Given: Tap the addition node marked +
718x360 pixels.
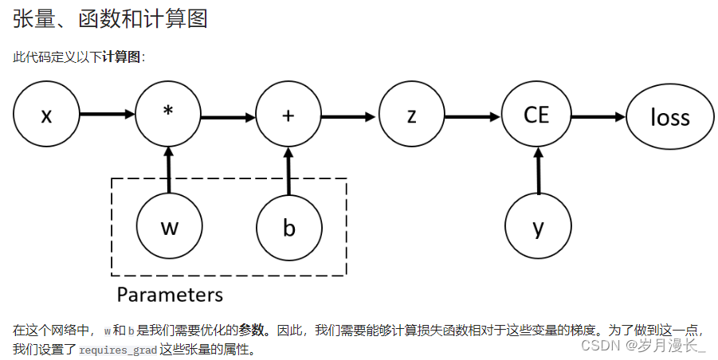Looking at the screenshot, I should coord(288,115).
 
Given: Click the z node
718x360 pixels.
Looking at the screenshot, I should coord(411,115).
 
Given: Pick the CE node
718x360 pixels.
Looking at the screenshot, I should coord(536,115).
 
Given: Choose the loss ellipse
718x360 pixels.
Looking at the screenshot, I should coord(669,117).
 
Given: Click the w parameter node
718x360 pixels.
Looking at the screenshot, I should coord(169,227).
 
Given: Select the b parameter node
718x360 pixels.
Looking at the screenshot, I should coord(289,227).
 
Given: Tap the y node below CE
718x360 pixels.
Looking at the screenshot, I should coord(539,228).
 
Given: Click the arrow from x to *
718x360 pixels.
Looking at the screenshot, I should coord(108,115).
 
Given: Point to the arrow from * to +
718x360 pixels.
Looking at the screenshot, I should coord(228,118).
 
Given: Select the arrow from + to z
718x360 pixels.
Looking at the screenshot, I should coord(349,116).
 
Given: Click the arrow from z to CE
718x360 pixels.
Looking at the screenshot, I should coord(473,116).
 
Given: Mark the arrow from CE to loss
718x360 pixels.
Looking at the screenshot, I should coord(598,117).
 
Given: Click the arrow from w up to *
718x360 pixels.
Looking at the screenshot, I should coord(169,170).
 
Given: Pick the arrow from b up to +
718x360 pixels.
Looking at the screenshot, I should coord(288,170).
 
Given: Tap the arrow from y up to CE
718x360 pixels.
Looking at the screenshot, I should coord(539,170).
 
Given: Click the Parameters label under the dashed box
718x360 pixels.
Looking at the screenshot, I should coord(170,295).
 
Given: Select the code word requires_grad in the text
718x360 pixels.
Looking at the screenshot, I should coord(118,350).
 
